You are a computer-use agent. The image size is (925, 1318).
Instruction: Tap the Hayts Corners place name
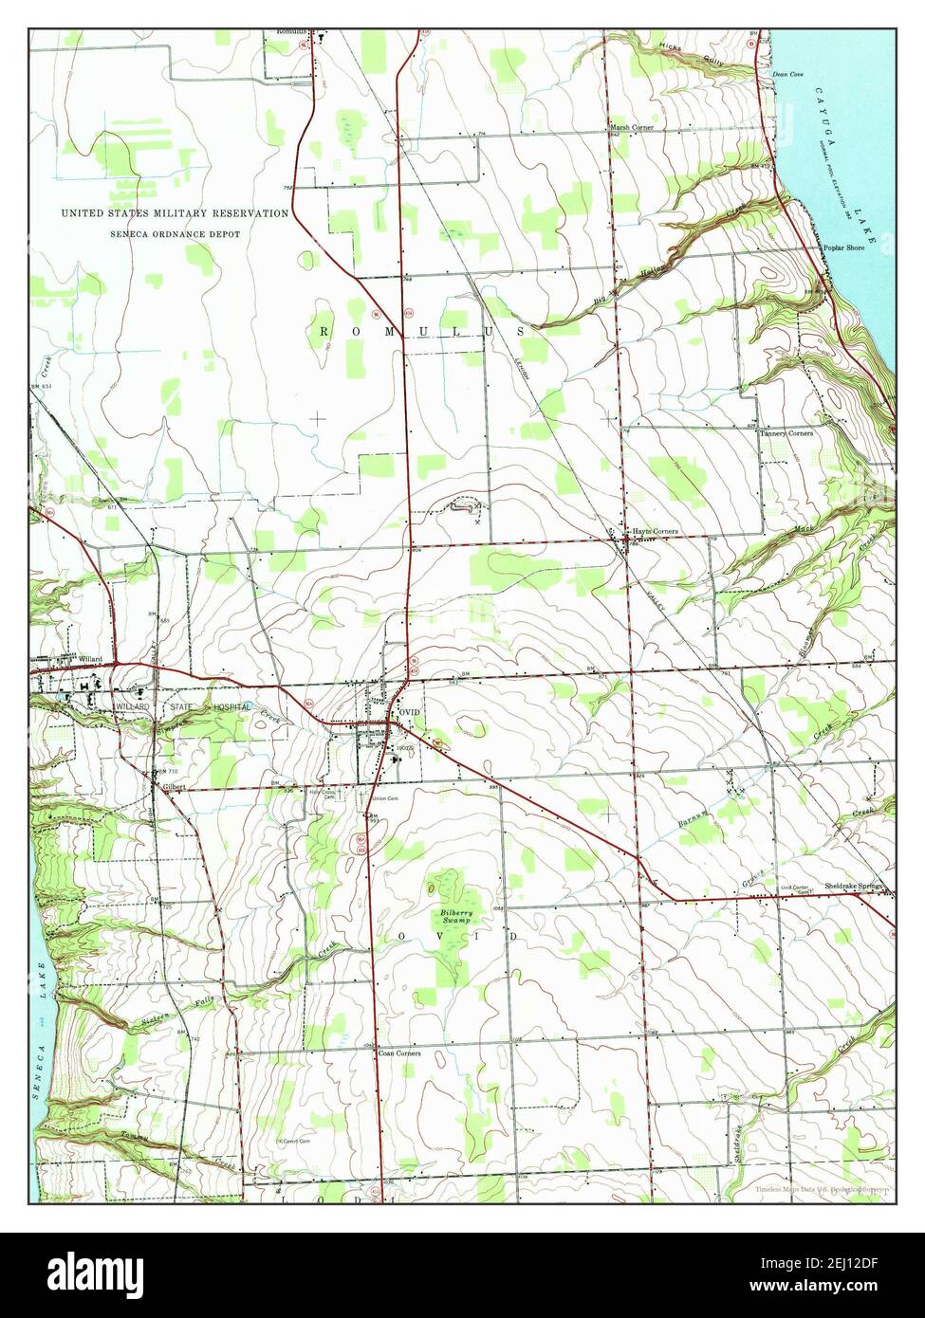tap(656, 532)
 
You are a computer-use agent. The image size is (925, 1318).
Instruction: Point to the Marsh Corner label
tap(632, 127)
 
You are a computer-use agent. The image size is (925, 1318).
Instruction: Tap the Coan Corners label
tap(399, 1053)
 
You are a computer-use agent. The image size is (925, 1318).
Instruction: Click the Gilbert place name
tap(172, 787)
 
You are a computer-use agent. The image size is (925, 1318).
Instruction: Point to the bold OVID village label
tap(409, 711)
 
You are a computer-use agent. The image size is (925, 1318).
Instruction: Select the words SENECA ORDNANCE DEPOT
tap(175, 233)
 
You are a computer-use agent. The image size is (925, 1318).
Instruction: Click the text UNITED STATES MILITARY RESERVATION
tap(175, 214)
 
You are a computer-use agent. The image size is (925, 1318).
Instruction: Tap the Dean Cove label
tap(787, 73)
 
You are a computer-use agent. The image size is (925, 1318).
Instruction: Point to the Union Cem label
tap(383, 798)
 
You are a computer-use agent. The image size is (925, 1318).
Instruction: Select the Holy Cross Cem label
tap(324, 793)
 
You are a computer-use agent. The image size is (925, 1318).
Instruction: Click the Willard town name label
tap(90, 658)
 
